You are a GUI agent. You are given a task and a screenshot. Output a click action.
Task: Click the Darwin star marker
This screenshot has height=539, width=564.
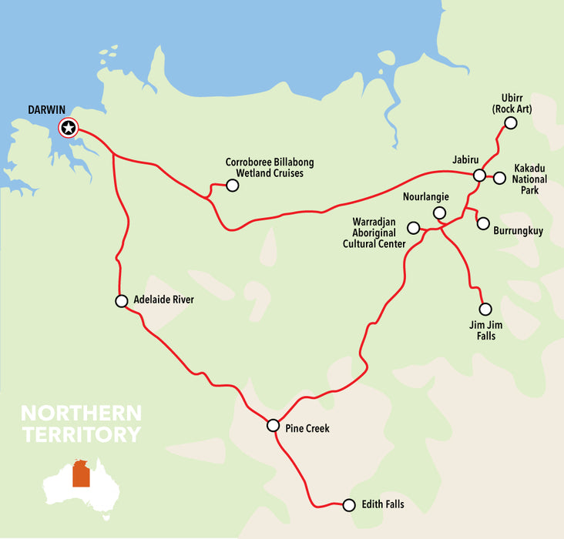pyautogui.click(x=69, y=128)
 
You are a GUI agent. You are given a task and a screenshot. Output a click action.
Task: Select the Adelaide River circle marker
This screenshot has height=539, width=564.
pyautogui.click(x=121, y=301)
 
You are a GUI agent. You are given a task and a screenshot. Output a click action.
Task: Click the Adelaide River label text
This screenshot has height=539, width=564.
pyautogui.click(x=163, y=300)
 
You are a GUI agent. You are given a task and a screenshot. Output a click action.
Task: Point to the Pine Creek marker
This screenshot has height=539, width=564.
pyautogui.click(x=273, y=425)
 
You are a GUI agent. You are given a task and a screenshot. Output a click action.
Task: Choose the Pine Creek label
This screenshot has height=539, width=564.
pyautogui.click(x=307, y=428)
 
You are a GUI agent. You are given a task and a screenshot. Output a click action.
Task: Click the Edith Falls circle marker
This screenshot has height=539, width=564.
pyautogui.click(x=348, y=505)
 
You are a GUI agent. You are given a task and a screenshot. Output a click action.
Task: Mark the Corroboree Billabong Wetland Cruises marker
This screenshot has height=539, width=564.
pyautogui.click(x=232, y=185)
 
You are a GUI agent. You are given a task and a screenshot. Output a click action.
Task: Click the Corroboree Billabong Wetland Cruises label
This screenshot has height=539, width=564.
pyautogui.click(x=269, y=168)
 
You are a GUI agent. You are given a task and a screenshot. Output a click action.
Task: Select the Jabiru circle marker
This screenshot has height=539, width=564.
pyautogui.click(x=479, y=176)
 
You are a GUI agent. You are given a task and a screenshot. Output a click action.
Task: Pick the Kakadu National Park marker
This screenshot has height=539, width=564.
pyautogui.click(x=499, y=178)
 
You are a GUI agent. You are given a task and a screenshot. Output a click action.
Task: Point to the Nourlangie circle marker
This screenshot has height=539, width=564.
pyautogui.click(x=439, y=213)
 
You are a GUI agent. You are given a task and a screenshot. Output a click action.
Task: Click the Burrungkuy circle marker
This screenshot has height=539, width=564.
pyautogui.click(x=483, y=223)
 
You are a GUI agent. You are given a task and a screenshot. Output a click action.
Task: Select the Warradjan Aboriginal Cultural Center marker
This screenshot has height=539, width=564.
pyautogui.click(x=413, y=228)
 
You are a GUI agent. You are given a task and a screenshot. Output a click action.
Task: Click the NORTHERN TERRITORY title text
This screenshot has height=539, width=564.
pyautogui.click(x=81, y=423)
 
